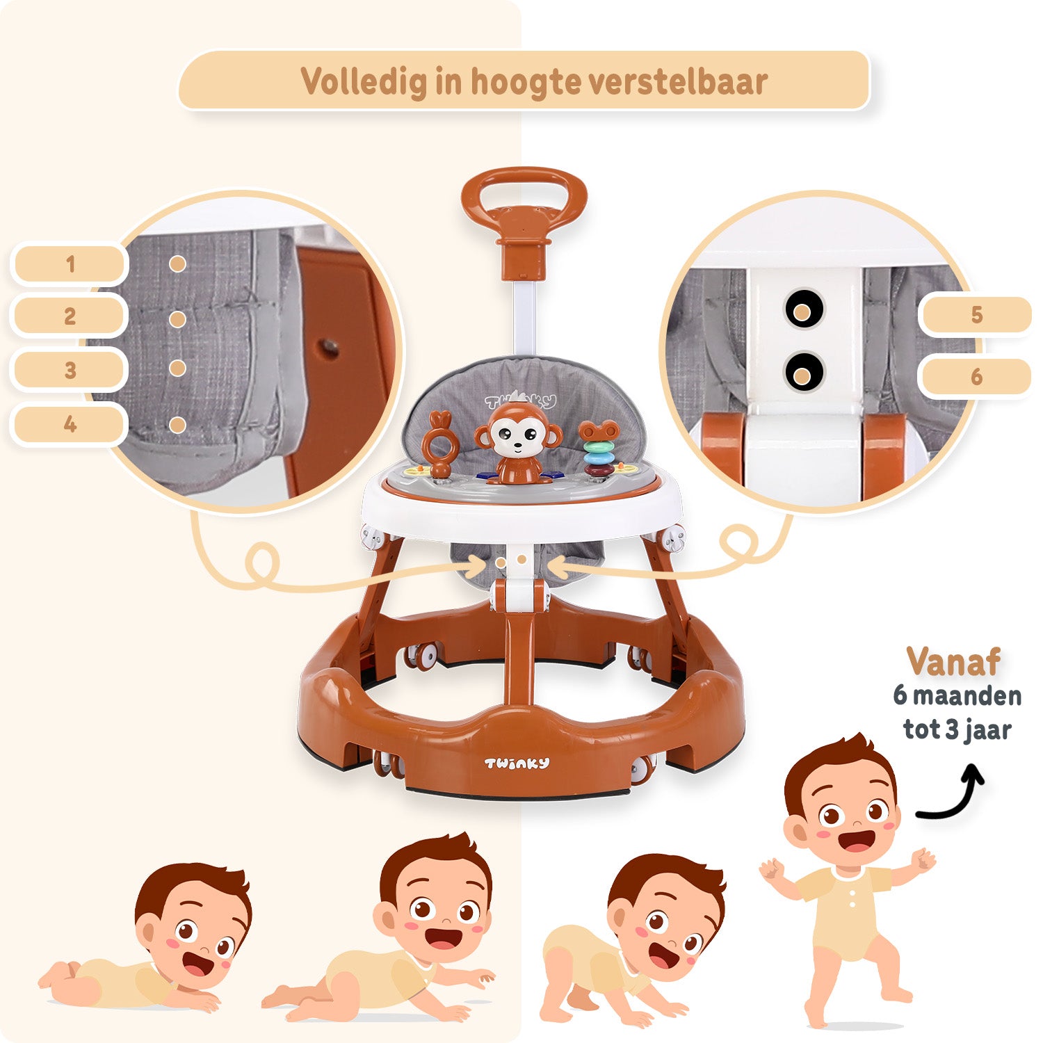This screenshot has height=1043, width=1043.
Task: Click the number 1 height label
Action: pyautogui.click(x=70, y=264)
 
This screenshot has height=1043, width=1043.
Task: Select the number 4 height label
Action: pyautogui.click(x=70, y=424)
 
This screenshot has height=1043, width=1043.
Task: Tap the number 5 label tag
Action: pyautogui.click(x=976, y=315)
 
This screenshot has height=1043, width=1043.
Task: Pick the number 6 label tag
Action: pyautogui.click(x=976, y=377)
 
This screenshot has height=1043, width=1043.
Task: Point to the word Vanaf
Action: pyautogui.click(x=953, y=662)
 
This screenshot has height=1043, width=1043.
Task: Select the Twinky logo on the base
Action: pyautogui.click(x=517, y=763)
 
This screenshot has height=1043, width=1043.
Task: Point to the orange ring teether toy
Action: pyautogui.click(x=441, y=445)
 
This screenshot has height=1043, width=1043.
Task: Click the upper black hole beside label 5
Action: pyautogui.click(x=804, y=309)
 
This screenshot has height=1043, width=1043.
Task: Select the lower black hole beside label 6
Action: pyautogui.click(x=804, y=372)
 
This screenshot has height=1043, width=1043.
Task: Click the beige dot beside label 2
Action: pyautogui.click(x=177, y=319)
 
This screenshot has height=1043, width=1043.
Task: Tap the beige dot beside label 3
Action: pyautogui.click(x=177, y=368)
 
